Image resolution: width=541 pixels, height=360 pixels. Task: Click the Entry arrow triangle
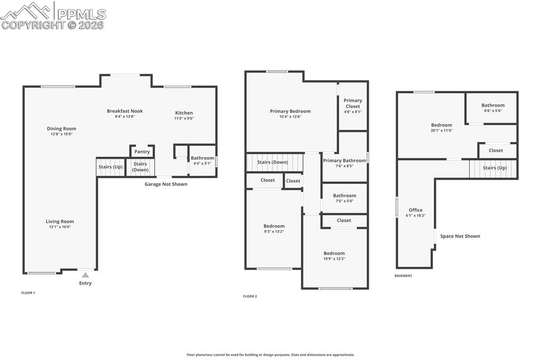85,275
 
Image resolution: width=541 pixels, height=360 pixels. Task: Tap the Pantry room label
142,152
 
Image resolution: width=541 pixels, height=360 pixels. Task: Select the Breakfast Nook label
125,111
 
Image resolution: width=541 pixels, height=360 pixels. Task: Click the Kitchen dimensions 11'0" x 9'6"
184,118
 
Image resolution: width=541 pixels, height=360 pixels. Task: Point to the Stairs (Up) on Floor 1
110,167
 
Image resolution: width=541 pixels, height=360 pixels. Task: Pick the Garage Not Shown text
166,184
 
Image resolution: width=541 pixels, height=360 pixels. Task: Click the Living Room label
60,222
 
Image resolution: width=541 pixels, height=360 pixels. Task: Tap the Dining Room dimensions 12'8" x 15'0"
61,134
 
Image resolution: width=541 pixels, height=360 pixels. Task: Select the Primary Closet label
353,100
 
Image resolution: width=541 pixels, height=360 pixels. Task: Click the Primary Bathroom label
344,160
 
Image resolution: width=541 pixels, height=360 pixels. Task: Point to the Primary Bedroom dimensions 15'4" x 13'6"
290,117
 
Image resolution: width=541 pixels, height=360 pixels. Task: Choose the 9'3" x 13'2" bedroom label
274,226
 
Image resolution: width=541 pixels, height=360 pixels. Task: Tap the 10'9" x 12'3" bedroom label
334,253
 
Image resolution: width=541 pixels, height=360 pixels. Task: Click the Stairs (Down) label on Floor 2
273,162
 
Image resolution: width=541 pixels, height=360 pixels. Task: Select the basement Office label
416,210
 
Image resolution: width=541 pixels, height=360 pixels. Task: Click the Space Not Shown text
460,236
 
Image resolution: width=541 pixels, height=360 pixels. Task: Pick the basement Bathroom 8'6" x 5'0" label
493,105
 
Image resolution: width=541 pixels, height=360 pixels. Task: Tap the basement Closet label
496,150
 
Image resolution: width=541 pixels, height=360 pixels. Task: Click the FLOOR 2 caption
250,297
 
